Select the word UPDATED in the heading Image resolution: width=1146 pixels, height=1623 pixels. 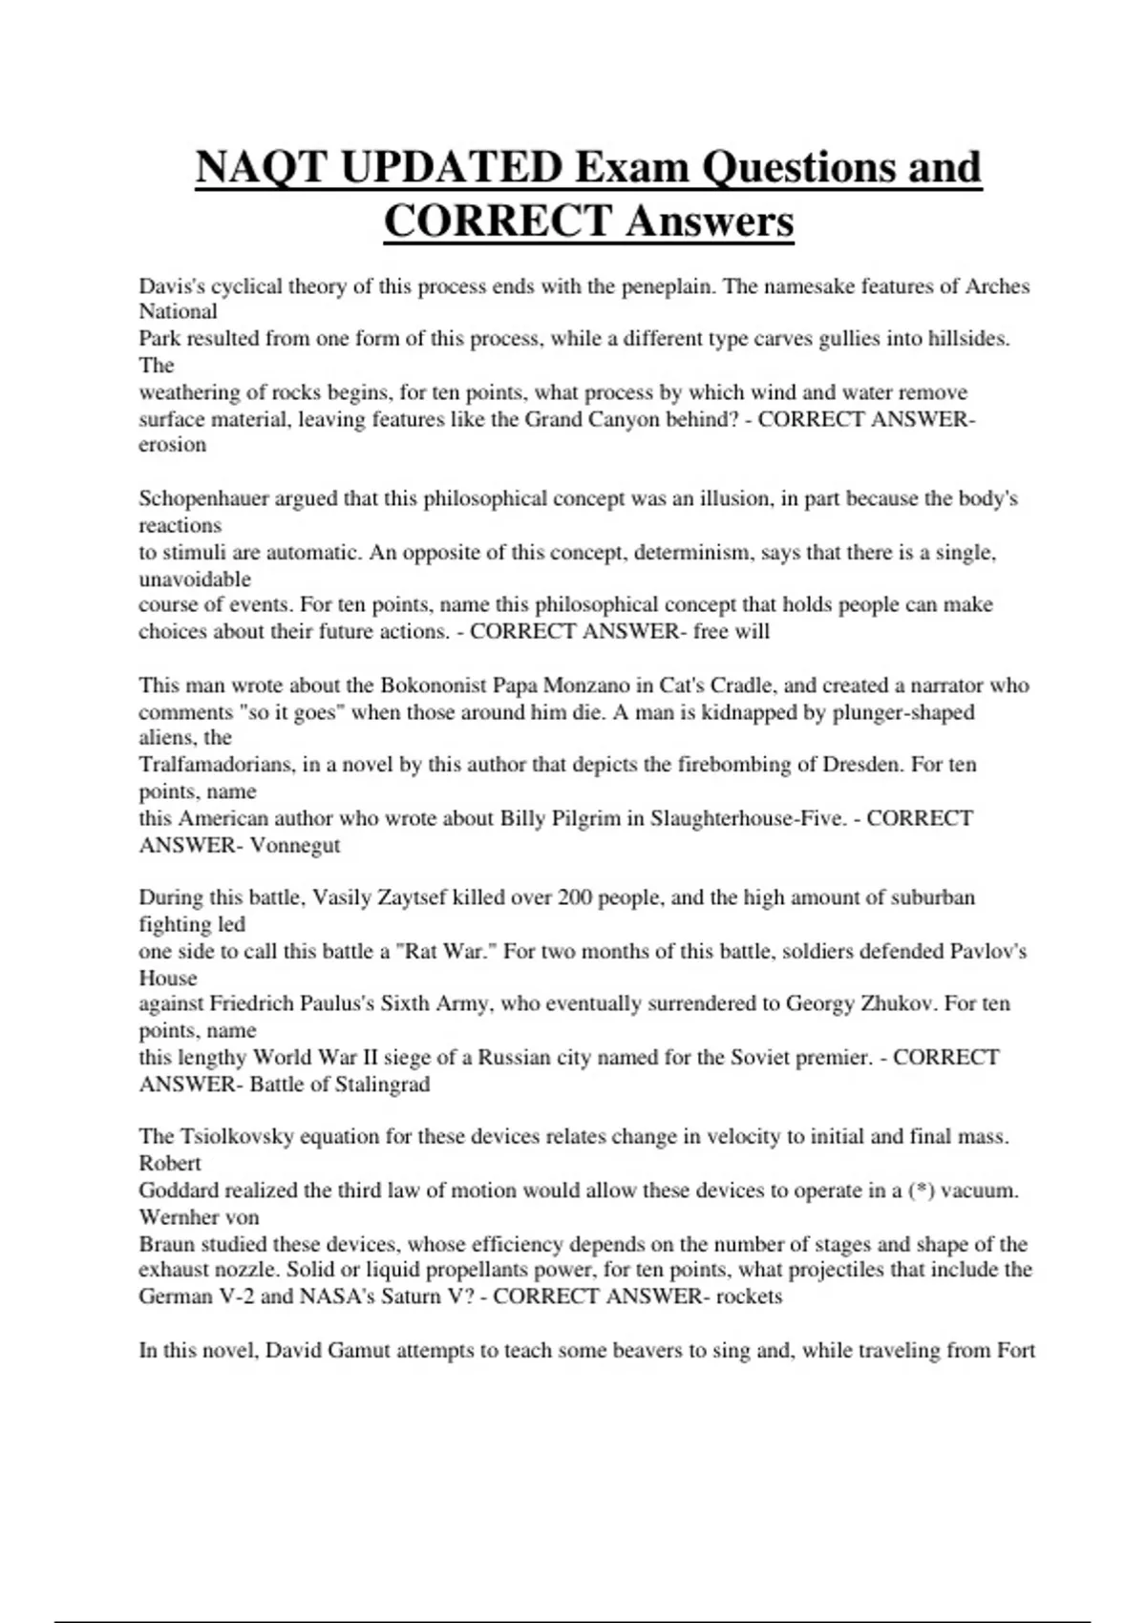(450, 169)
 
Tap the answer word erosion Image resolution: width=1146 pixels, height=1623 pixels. (172, 445)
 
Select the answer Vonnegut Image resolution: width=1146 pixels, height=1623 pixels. (294, 845)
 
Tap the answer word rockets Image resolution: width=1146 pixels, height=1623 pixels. (749, 1296)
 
